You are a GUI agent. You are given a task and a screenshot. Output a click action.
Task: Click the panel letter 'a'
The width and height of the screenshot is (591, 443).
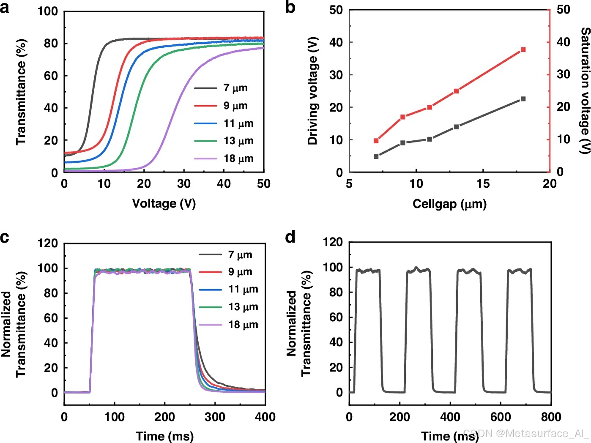tap(5, 8)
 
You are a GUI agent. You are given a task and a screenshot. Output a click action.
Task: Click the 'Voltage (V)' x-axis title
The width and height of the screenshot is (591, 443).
tap(164, 203)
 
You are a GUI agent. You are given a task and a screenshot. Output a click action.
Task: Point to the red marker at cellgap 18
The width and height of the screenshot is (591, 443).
tap(523, 49)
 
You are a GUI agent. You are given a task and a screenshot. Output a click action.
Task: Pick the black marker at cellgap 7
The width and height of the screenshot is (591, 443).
tap(376, 156)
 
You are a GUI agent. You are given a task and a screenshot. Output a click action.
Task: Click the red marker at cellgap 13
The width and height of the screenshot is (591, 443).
tap(456, 91)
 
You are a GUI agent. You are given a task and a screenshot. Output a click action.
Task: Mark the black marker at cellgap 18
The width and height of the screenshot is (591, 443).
tap(523, 99)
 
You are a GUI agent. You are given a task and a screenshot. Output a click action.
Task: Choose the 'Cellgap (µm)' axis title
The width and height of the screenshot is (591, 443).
tap(449, 204)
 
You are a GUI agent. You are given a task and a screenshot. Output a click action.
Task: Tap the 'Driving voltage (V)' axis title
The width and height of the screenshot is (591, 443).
tap(312, 91)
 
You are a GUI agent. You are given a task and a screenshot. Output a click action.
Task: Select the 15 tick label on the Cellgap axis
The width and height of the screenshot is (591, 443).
tap(483, 183)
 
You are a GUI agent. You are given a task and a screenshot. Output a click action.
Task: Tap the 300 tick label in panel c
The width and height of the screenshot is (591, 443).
tap(215, 417)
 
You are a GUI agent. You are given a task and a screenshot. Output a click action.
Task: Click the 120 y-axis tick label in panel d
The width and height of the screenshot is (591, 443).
tap(333, 242)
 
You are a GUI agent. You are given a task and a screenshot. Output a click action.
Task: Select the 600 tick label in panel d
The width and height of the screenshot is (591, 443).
tap(501, 417)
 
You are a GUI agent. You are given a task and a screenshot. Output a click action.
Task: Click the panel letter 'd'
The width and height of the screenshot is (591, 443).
tap(290, 237)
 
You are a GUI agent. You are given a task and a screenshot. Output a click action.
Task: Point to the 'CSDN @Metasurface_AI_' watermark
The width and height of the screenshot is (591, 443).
tap(526, 433)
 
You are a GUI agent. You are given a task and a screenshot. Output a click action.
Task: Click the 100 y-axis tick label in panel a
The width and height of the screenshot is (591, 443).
tap(48, 11)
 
